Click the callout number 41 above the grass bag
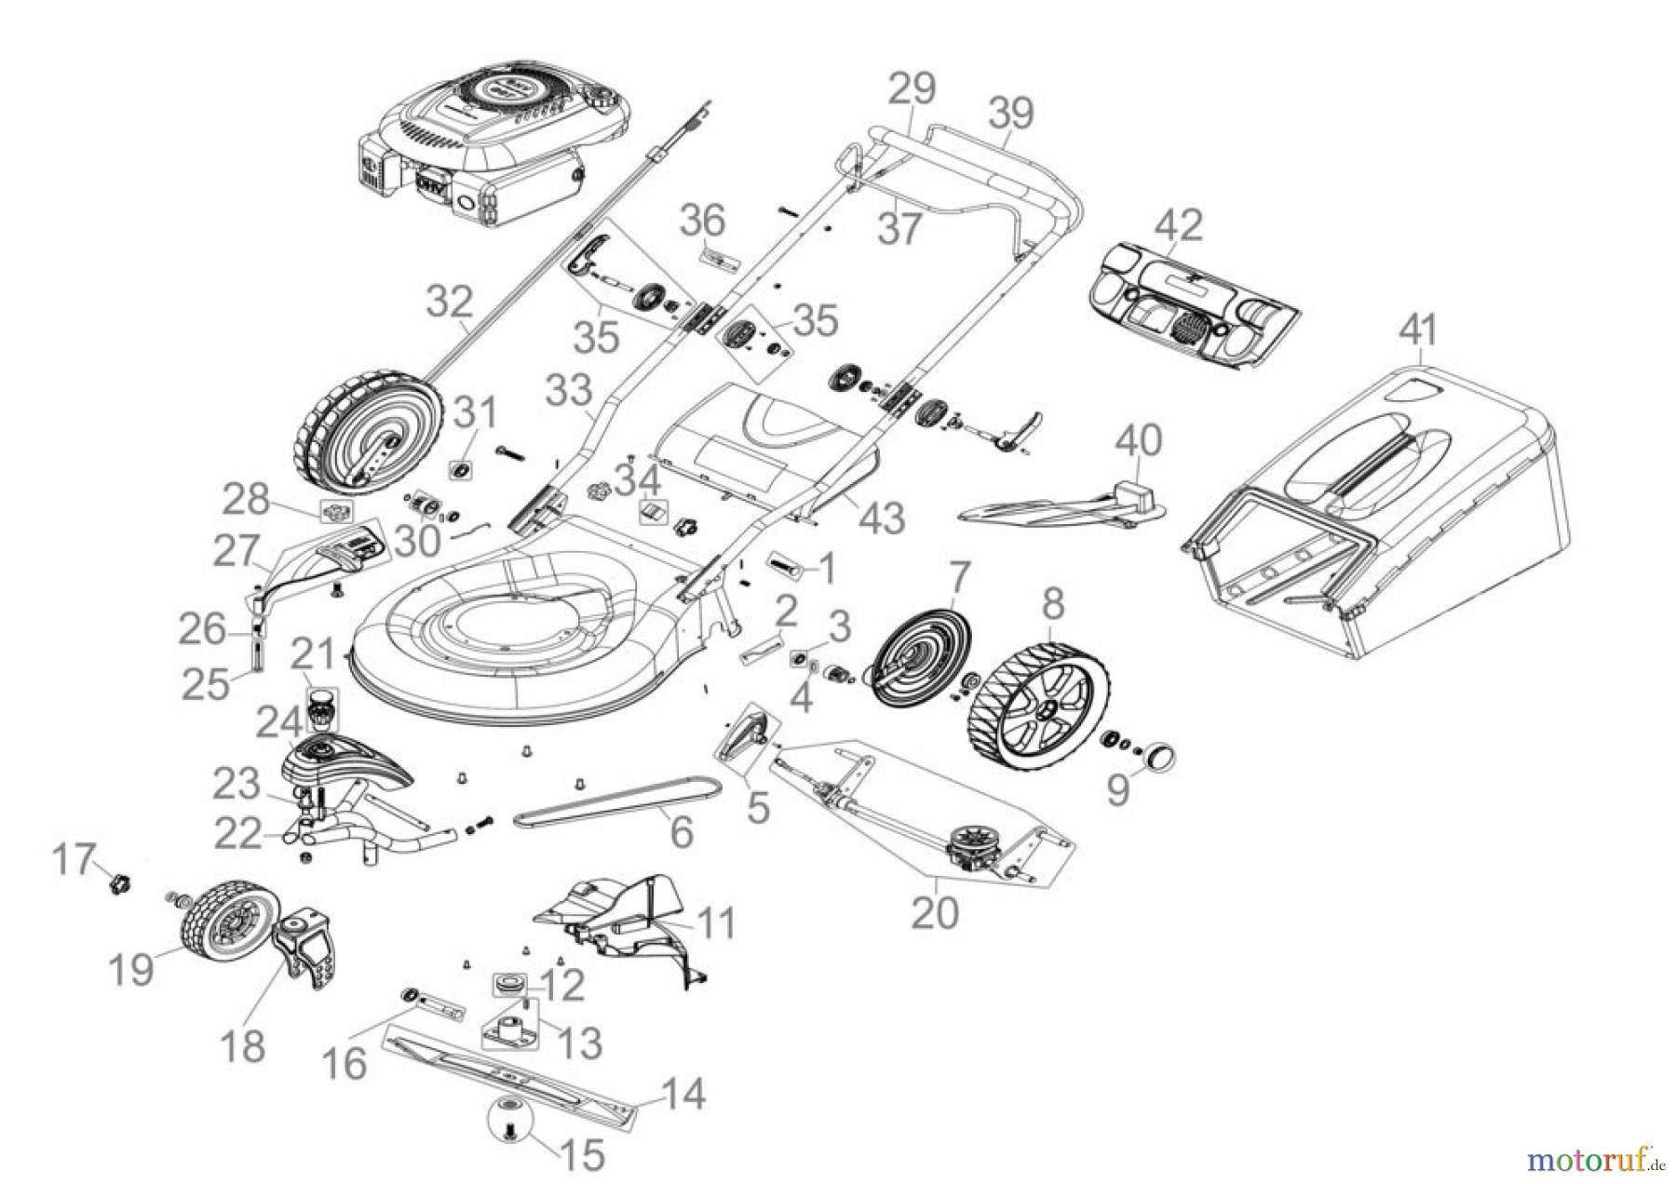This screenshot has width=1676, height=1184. point(1419,330)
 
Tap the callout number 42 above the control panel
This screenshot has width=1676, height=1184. point(1178,226)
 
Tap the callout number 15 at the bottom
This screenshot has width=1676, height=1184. point(582,1155)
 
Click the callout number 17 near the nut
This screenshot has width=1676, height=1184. point(74,858)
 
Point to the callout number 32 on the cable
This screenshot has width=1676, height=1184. point(451,303)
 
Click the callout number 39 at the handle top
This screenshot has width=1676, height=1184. point(1010,114)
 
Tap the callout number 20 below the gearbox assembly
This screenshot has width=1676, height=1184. point(934,913)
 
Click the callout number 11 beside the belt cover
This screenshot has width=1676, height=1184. point(714,923)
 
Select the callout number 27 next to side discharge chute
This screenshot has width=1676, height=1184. point(237,551)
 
